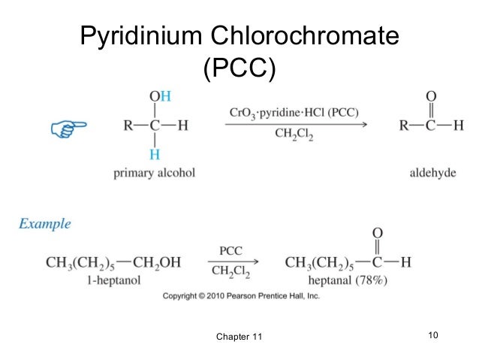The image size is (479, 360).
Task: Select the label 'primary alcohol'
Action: (x=154, y=173)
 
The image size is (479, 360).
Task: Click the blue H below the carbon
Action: (x=155, y=154)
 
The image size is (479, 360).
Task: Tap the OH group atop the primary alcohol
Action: (x=159, y=96)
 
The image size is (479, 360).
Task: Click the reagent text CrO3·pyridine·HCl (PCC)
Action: (x=294, y=113)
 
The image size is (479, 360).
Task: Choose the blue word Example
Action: (x=45, y=223)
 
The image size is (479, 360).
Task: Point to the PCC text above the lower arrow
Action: (x=230, y=250)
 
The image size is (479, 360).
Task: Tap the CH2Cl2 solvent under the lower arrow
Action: (x=230, y=271)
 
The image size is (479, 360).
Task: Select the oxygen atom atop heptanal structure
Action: (x=378, y=233)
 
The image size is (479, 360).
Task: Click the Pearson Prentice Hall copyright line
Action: (x=239, y=296)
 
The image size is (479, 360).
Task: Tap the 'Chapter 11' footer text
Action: (x=239, y=335)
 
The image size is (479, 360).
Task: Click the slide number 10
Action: (x=432, y=334)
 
